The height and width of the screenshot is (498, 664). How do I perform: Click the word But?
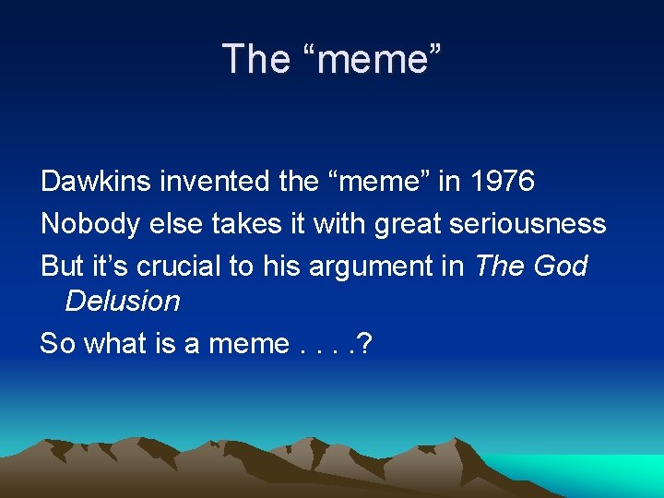click(x=63, y=267)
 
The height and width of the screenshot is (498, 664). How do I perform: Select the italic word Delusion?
click(x=123, y=302)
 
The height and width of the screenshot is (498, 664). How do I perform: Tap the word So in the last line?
click(x=57, y=344)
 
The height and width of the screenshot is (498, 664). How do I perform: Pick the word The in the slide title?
click(x=255, y=59)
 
